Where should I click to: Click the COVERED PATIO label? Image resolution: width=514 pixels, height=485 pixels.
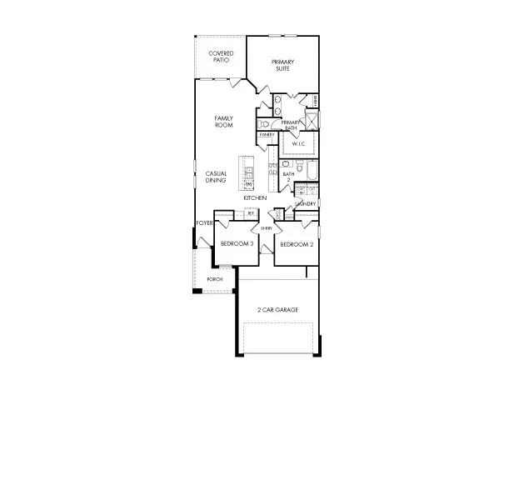pyautogui.click(x=221, y=57)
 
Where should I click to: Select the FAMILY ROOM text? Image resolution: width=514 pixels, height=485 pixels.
pyautogui.click(x=223, y=122)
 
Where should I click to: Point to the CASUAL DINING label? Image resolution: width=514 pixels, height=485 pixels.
pyautogui.click(x=217, y=177)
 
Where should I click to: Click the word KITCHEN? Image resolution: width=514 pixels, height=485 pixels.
pyautogui.click(x=255, y=198)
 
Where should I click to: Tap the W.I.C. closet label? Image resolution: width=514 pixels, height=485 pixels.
pyautogui.click(x=298, y=144)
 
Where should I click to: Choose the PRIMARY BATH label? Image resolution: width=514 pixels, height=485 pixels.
pyautogui.click(x=290, y=125)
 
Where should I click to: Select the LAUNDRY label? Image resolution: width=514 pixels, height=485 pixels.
pyautogui.click(x=305, y=204)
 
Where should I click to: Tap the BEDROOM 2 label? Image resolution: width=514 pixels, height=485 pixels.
pyautogui.click(x=296, y=244)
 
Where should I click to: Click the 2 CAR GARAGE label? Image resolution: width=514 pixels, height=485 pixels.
pyautogui.click(x=277, y=310)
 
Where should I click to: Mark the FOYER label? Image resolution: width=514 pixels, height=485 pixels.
pyautogui.click(x=204, y=223)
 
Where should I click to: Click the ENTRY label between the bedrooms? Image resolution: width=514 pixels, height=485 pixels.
pyautogui.click(x=267, y=227)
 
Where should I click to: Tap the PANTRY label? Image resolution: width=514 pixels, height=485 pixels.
pyautogui.click(x=267, y=134)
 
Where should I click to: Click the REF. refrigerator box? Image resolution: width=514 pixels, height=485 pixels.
pyautogui.click(x=250, y=213)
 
